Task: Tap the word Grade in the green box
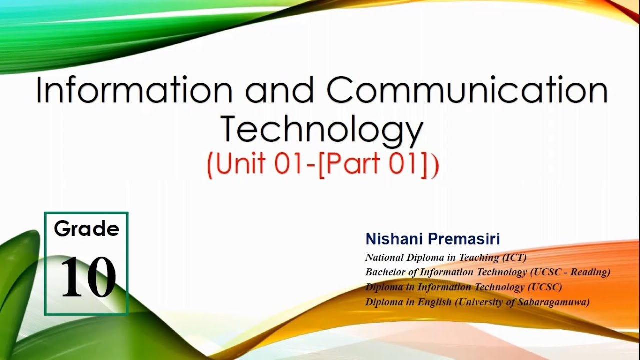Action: [x=87, y=229]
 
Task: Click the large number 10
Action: [x=88, y=277]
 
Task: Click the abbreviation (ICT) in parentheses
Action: [x=515, y=258]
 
